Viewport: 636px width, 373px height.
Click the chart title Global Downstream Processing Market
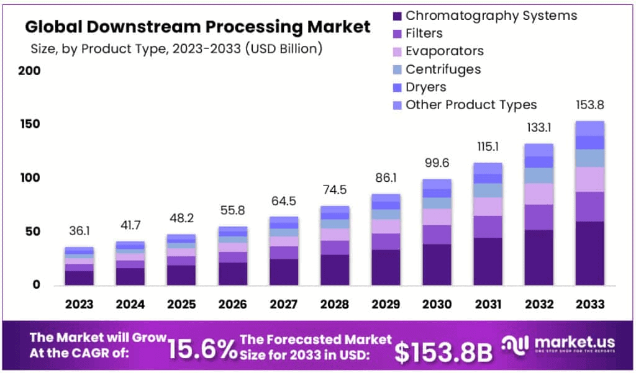tap(198, 27)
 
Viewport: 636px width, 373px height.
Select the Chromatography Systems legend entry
tap(491, 16)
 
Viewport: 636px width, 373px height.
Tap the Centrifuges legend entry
tap(443, 69)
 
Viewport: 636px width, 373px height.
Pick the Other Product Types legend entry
tap(471, 105)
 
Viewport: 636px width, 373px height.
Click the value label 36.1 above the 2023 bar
tap(79, 231)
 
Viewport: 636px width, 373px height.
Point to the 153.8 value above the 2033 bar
tap(589, 105)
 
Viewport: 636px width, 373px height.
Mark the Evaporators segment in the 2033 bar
tap(589, 179)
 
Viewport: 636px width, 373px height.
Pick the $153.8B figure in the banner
tap(443, 351)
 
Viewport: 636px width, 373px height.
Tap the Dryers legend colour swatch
tap(397, 88)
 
